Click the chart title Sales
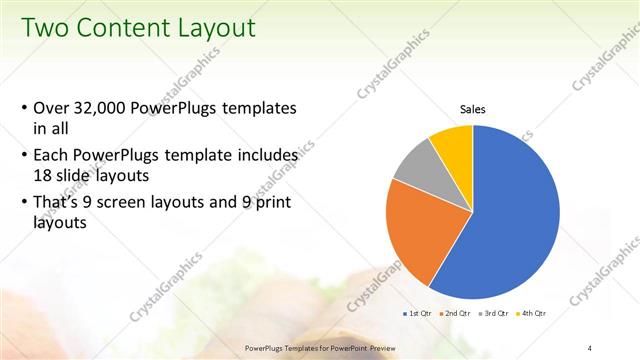(473, 109)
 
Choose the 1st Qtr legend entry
(419, 314)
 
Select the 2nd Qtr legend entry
(457, 314)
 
